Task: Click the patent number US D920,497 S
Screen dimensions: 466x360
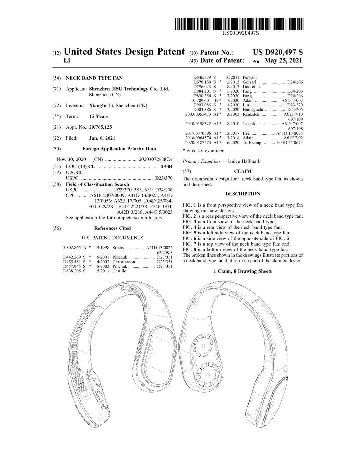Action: (278, 52)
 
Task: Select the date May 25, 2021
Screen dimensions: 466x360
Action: (283, 61)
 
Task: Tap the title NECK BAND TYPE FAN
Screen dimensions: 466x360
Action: (94, 78)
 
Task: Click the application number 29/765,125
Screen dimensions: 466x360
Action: (99, 127)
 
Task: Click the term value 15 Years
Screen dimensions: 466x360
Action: (99, 116)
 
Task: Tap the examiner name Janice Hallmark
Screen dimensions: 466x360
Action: (244, 161)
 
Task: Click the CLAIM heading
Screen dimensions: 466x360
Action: (243, 171)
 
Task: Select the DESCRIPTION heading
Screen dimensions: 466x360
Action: (243, 194)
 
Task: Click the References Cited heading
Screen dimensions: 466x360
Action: (112, 228)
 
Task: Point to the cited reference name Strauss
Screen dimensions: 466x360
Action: (119, 248)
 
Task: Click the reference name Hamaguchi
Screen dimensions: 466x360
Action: (253, 110)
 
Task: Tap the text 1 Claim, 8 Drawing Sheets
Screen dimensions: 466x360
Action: (243, 271)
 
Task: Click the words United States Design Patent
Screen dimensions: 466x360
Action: (124, 52)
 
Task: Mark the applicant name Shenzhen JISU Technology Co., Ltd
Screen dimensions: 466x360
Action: (129, 89)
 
